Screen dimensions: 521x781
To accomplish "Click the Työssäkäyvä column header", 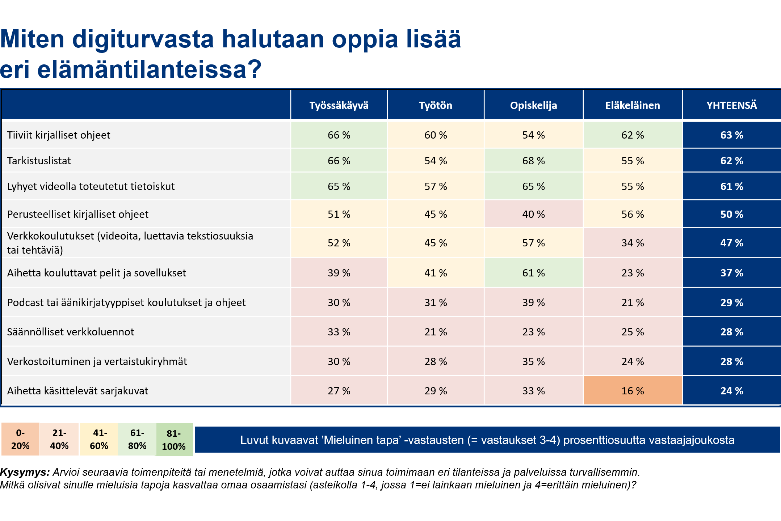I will coord(339,105).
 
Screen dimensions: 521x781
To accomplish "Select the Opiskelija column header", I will coord(533,105).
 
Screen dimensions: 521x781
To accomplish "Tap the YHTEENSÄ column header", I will coord(731,105).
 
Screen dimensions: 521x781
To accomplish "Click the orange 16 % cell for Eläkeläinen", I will coord(633,391).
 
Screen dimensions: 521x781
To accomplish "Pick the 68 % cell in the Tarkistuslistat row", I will coord(533,161).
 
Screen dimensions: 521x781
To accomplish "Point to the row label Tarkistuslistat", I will coord(39,161).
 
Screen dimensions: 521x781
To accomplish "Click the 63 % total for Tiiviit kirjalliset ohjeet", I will coord(731,135).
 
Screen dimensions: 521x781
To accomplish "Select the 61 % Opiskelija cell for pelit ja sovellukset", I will coord(533,273).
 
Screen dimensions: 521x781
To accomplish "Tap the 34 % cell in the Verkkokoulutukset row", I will coord(633,243).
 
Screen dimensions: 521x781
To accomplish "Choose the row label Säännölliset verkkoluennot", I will coord(71,332).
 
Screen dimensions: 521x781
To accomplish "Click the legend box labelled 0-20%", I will coord(20,439).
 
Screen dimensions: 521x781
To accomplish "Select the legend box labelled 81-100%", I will coord(174,440).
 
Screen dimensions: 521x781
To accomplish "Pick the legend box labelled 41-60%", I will coord(99,439).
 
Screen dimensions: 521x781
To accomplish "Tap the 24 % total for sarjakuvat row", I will coord(731,391).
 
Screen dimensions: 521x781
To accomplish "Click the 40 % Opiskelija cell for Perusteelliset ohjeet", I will coord(533,214).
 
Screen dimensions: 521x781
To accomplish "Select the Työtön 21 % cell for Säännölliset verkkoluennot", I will coord(436,332).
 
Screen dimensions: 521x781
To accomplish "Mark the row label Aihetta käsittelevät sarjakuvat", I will coord(77,391).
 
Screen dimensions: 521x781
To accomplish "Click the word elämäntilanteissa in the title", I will coord(148,69).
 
